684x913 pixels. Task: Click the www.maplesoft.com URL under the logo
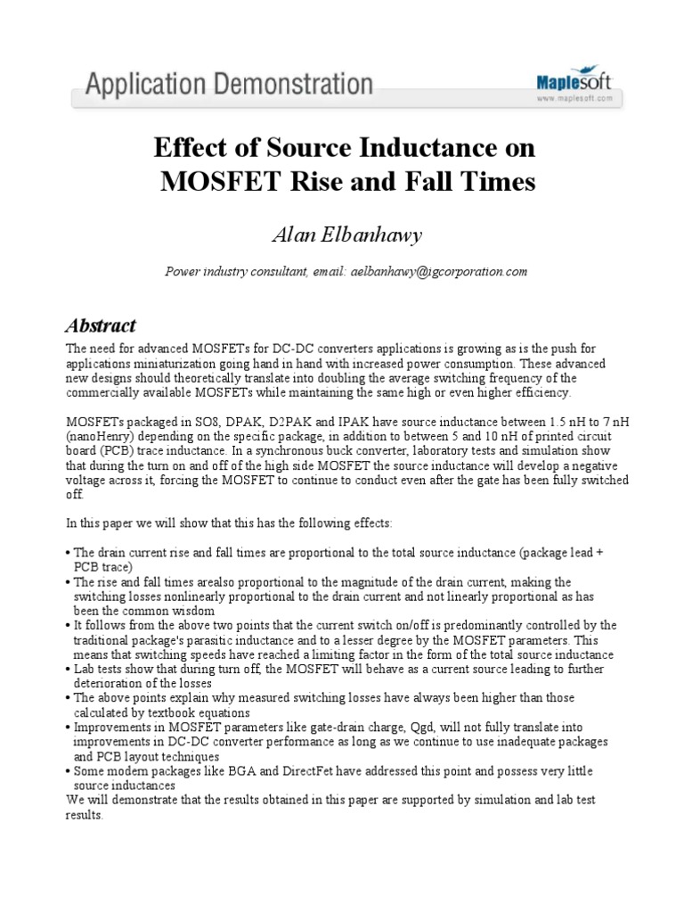(x=574, y=99)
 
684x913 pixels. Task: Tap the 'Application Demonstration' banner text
(x=230, y=86)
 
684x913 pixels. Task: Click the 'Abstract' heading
(x=101, y=325)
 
